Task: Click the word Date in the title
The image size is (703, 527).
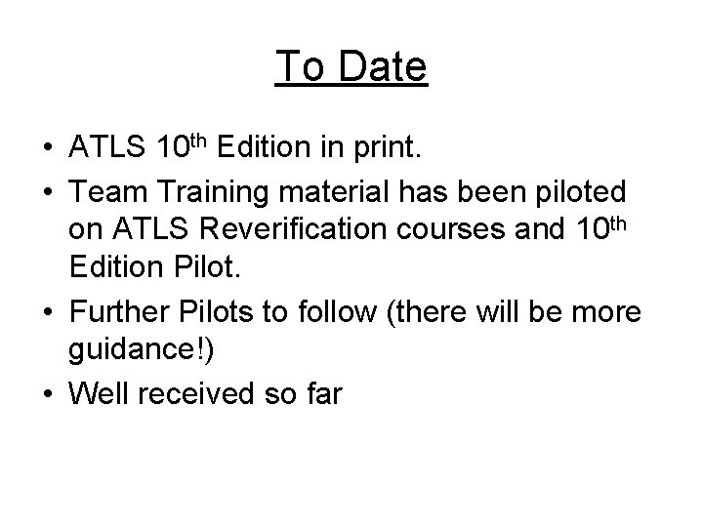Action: pyautogui.click(x=381, y=67)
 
